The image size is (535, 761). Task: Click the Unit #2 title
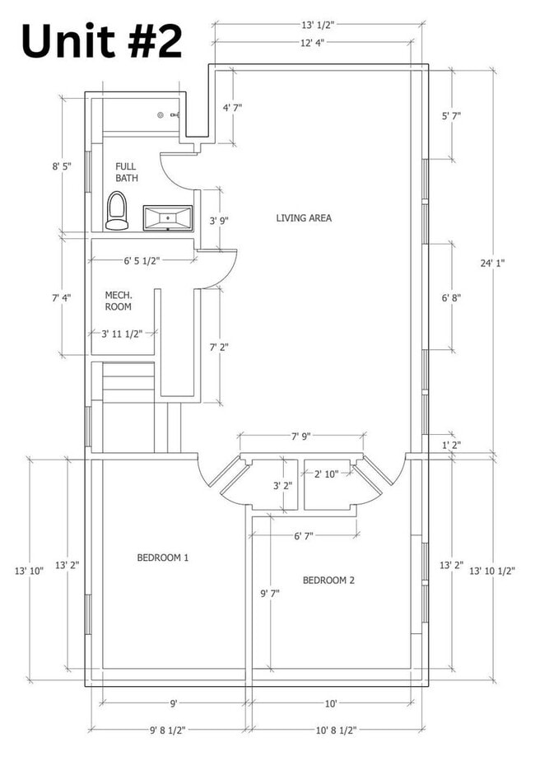point(102,42)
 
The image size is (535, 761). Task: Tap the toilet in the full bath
point(117,210)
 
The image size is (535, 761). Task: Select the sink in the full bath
point(167,217)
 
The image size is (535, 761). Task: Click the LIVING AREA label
point(304,218)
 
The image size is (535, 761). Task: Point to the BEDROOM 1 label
point(162,558)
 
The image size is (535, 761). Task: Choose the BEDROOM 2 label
point(328,580)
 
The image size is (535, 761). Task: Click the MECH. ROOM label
point(119,301)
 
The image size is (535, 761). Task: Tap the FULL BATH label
point(126,172)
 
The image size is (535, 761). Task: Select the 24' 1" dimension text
point(492,263)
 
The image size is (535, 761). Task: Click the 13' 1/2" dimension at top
point(319,25)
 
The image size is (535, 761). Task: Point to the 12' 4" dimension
point(313,43)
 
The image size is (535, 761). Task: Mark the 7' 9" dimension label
point(300,436)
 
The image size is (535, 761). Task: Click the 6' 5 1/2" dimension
point(142,261)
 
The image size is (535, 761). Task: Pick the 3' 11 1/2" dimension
point(122,334)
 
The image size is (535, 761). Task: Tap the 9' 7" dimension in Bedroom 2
point(270,593)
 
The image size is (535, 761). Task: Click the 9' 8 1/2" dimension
point(168,730)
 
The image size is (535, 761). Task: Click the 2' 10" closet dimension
point(326,474)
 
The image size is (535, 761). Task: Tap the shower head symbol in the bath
point(160,115)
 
